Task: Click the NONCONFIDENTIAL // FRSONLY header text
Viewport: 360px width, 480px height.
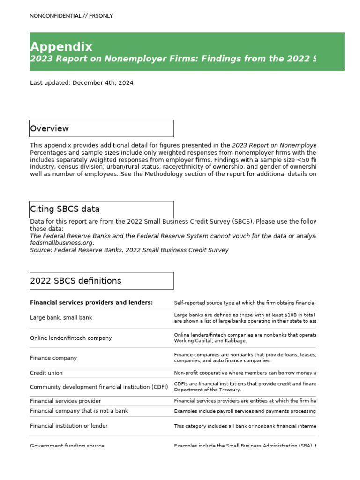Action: (71, 16)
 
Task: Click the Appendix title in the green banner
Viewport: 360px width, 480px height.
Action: (61, 47)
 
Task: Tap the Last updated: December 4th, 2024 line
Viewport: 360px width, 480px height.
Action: (82, 83)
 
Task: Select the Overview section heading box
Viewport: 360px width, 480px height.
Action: (101, 128)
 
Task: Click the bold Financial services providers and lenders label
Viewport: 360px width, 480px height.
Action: (91, 303)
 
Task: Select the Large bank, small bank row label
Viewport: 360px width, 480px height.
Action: (61, 318)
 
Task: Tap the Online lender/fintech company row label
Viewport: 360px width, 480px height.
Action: (71, 338)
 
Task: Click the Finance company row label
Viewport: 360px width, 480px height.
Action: (53, 358)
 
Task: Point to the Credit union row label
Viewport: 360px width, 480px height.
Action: (46, 373)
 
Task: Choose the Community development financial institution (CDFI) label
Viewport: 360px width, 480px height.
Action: (99, 387)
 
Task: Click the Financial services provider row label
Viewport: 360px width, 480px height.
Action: (65, 401)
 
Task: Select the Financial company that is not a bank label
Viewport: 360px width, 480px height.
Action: (79, 411)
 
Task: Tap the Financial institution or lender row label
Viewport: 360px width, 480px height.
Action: (69, 426)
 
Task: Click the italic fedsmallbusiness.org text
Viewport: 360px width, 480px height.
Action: (62, 243)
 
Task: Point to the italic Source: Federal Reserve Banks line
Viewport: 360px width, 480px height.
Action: (129, 250)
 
